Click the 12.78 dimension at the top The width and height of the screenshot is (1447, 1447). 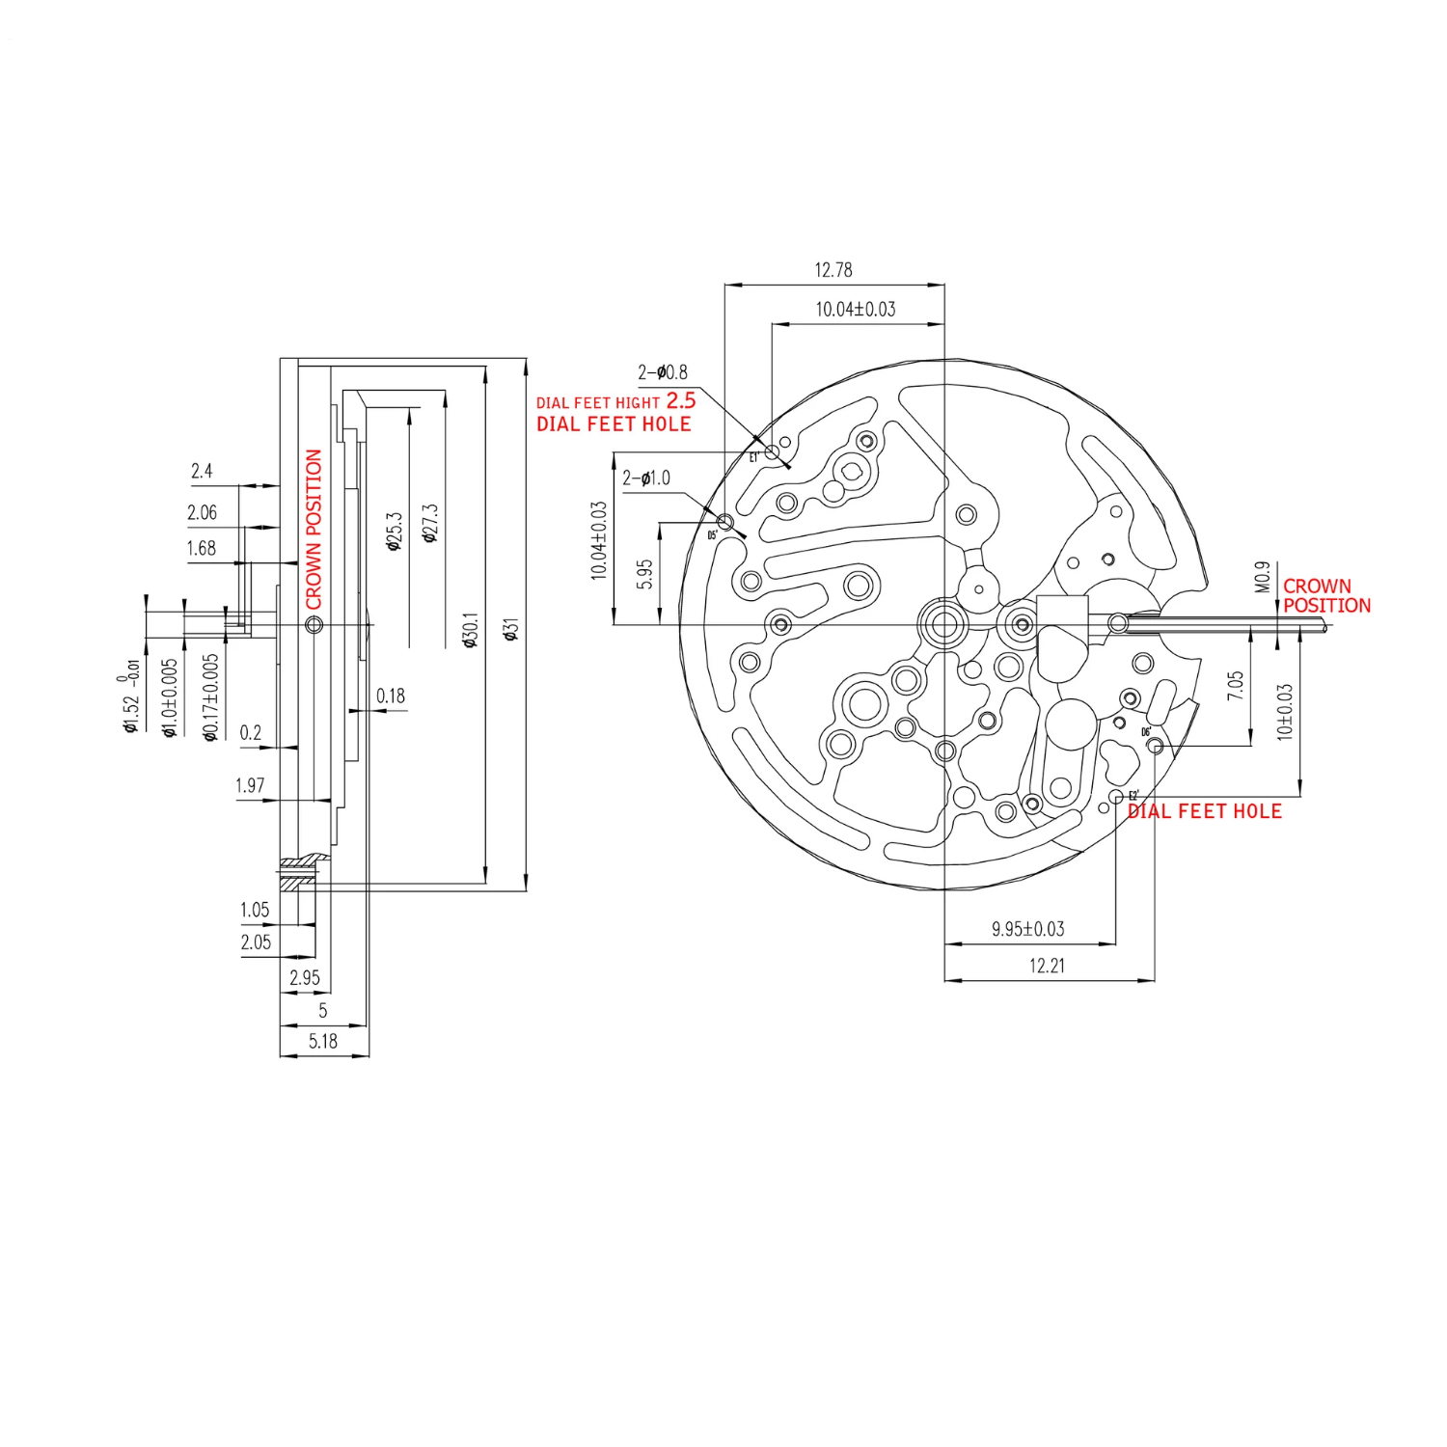833,270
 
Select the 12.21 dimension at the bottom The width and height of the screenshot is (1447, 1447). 1047,966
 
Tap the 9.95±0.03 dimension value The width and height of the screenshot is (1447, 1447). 1027,929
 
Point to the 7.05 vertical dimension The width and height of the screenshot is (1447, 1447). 1236,685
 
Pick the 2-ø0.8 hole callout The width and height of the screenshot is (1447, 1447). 663,372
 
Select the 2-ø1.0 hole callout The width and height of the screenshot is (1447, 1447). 646,478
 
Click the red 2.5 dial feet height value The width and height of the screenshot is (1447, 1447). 680,400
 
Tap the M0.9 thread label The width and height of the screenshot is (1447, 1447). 1262,577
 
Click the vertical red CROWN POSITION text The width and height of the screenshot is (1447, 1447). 314,529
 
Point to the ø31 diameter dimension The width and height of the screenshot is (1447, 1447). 512,629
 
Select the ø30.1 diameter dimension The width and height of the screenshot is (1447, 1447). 471,629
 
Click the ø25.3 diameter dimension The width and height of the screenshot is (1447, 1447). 394,532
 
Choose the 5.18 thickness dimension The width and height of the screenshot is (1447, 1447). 323,1041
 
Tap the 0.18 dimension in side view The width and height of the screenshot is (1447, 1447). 391,696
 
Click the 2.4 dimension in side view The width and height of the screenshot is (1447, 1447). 202,471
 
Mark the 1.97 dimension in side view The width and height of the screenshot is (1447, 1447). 250,785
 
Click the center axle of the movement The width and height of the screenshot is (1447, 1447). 943,624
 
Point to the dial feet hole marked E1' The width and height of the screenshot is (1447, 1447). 772,451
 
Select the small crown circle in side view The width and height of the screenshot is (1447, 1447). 314,625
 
